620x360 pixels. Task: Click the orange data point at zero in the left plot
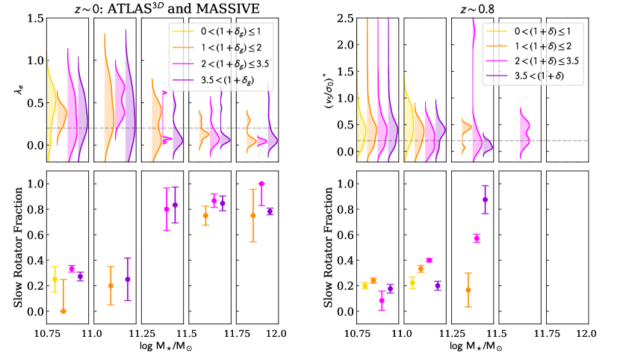(63, 311)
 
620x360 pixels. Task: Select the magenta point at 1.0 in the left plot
(261, 184)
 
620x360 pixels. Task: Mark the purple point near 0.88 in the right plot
(486, 199)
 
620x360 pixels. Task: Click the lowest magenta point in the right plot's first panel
(382, 300)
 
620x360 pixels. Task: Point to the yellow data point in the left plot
(54, 279)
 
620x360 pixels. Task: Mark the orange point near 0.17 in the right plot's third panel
(468, 290)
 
